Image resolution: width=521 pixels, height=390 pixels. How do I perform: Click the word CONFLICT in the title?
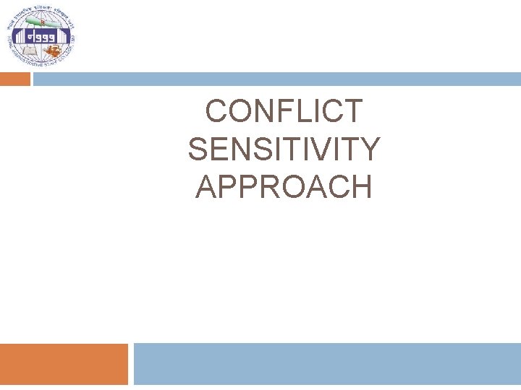[284, 112]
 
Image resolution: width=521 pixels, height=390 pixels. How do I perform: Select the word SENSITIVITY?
[284, 149]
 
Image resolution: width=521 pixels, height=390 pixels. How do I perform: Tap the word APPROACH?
[284, 187]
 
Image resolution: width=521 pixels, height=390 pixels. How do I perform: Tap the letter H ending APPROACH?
[362, 187]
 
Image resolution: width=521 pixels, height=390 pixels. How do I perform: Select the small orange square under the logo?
[14, 79]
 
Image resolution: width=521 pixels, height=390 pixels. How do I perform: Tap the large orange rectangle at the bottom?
[63, 364]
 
